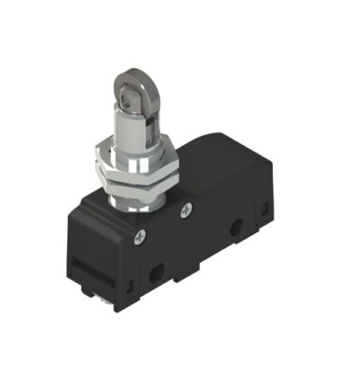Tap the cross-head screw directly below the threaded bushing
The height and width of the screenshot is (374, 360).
click(187, 210)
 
